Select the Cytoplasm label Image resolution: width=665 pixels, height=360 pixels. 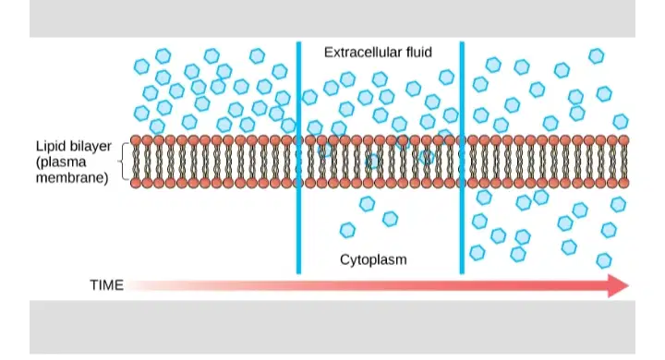(x=373, y=259)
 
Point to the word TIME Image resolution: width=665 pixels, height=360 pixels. (x=106, y=285)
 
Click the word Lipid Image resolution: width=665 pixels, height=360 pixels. (x=48, y=146)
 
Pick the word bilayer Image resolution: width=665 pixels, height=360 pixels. (x=89, y=146)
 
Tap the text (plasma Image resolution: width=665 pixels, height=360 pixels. (x=61, y=162)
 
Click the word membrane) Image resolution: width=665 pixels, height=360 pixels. (x=72, y=177)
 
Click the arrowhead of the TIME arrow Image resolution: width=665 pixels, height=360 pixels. (x=618, y=285)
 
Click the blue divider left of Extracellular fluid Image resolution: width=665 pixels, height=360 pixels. (x=298, y=158)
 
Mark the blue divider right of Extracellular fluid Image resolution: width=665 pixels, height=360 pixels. (x=462, y=158)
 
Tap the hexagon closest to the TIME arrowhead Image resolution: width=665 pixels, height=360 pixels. (x=604, y=260)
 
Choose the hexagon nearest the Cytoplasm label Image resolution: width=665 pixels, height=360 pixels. (x=347, y=230)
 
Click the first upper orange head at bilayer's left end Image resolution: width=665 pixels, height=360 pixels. (x=136, y=140)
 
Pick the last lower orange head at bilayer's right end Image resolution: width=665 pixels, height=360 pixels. (x=623, y=183)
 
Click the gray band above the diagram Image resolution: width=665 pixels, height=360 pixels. (x=332, y=18)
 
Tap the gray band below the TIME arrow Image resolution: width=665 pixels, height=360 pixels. (x=332, y=327)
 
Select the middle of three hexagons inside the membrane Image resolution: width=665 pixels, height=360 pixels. (x=373, y=162)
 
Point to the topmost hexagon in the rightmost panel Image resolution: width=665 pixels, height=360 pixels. (x=597, y=55)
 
